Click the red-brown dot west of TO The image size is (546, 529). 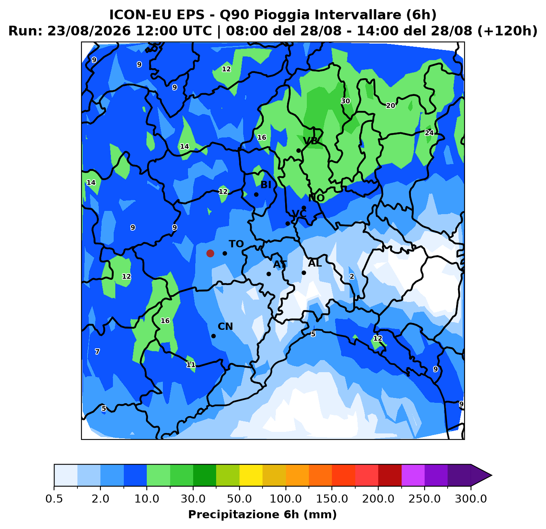(x=210, y=253)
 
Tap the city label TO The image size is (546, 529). (x=236, y=244)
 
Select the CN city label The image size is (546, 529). (x=225, y=327)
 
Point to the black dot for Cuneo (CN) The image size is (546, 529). (x=213, y=336)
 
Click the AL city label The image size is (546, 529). (x=315, y=263)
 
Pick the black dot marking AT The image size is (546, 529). (x=269, y=274)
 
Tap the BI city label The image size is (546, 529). (x=266, y=185)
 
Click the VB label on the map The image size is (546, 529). (x=311, y=141)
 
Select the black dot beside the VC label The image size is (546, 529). (x=288, y=223)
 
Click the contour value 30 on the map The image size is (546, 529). (x=346, y=101)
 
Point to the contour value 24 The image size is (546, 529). (x=429, y=133)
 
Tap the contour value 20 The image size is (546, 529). (x=391, y=106)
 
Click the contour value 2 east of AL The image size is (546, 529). (x=352, y=277)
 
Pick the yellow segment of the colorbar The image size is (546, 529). (x=251, y=475)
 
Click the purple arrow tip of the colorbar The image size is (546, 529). (x=492, y=475)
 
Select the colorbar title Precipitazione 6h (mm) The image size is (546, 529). (x=263, y=514)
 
